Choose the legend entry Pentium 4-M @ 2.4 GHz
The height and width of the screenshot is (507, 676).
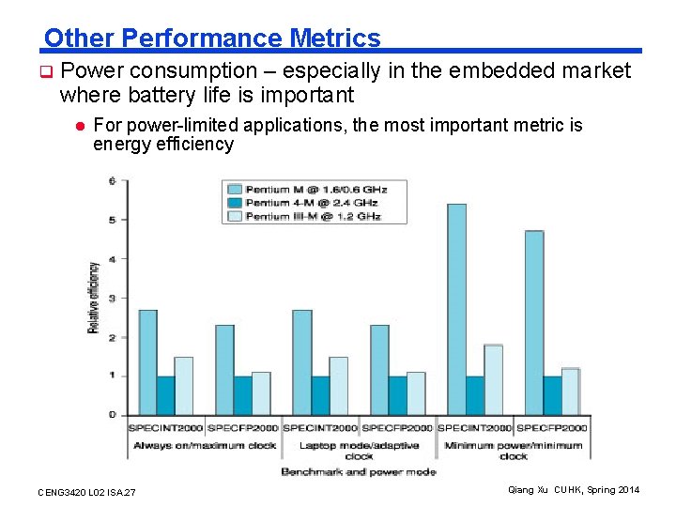point(300,202)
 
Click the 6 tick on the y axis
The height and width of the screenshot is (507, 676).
point(113,180)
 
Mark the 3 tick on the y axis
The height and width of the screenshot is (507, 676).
point(113,298)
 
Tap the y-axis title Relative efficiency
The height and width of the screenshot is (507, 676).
point(94,299)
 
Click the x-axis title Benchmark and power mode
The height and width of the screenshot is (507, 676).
point(359,471)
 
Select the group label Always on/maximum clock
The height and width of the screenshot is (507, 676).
point(204,444)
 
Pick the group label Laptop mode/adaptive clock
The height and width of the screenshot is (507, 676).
point(359,450)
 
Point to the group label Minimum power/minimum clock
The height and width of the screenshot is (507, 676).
point(514,450)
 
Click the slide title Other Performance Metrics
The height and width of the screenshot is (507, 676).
point(212,38)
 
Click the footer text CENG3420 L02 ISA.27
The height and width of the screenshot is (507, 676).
point(86,492)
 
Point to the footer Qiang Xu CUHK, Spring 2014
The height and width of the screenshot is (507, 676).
point(573,490)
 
